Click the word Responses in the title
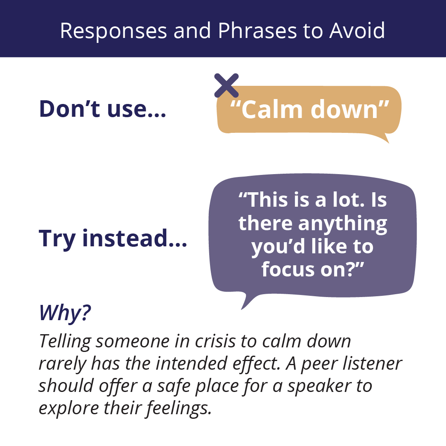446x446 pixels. pyautogui.click(x=113, y=31)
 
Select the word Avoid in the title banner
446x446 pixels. pyautogui.click(x=357, y=30)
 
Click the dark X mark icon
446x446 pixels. pyautogui.click(x=227, y=85)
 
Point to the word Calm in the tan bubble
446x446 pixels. pyautogui.click(x=271, y=109)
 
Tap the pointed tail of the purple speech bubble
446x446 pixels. pyautogui.click(x=242, y=308)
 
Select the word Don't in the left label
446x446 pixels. pyautogui.click(x=70, y=109)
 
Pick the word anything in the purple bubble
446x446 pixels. pyautogui.click(x=343, y=224)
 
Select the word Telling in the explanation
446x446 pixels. pyautogui.click(x=65, y=342)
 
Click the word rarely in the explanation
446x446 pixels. pyautogui.click(x=62, y=364)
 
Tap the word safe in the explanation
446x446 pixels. pyautogui.click(x=174, y=386)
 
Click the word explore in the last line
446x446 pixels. pyautogui.click(x=68, y=409)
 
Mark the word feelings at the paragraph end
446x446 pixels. pyautogui.click(x=179, y=409)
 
